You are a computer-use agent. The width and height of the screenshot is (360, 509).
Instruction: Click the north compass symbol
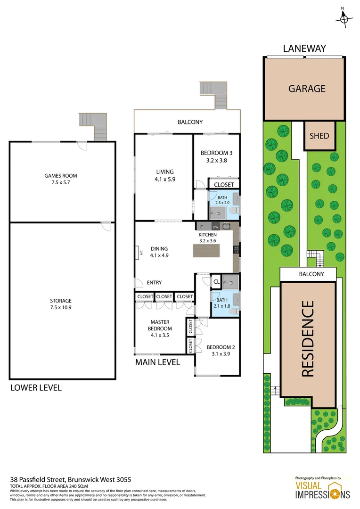tap(344, 18)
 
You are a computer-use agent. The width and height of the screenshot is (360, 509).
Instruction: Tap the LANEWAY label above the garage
tap(304, 49)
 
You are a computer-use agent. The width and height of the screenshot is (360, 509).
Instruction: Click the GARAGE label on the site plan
tap(307, 89)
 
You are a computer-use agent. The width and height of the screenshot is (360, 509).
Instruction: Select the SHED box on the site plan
tap(319, 136)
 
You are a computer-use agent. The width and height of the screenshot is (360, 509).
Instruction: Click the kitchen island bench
tap(206, 251)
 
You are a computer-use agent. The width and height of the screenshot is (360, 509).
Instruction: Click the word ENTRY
tap(154, 283)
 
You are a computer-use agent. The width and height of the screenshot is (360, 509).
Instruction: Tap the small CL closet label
tap(216, 282)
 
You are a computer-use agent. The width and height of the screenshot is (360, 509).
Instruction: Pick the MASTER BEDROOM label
tap(160, 328)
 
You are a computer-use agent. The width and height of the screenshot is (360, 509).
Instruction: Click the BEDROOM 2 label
tap(221, 351)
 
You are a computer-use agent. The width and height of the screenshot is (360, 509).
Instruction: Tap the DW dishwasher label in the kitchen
tap(216, 227)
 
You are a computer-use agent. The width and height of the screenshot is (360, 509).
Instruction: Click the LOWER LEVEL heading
tap(36, 388)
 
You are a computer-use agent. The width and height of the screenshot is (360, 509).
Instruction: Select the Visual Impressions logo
tap(322, 489)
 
